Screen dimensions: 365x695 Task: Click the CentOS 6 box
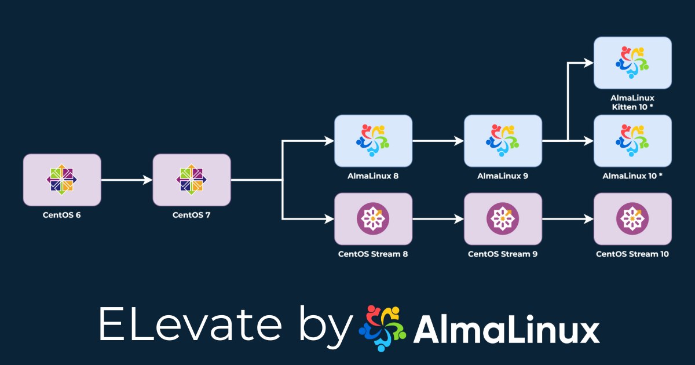pyautogui.click(x=62, y=180)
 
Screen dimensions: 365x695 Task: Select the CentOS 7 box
pyautogui.click(x=192, y=180)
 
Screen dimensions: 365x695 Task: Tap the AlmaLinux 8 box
pyautogui.click(x=374, y=141)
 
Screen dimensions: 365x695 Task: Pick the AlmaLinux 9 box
pyautogui.click(x=503, y=141)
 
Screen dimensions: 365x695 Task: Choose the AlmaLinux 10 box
pyautogui.click(x=632, y=141)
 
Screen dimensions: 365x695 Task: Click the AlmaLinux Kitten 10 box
pyautogui.click(x=632, y=63)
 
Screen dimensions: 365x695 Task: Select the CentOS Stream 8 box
pyautogui.click(x=374, y=219)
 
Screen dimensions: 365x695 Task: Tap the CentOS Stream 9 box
pyautogui.click(x=503, y=219)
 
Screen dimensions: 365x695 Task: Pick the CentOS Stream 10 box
pyautogui.click(x=632, y=219)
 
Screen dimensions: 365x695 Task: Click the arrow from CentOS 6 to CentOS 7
pyautogui.click(x=126, y=180)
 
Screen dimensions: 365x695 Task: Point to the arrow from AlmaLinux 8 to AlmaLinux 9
pyautogui.click(x=438, y=141)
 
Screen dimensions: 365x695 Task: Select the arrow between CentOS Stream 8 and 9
pyautogui.click(x=438, y=219)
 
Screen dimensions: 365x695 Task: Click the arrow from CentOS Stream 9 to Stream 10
pyautogui.click(x=568, y=219)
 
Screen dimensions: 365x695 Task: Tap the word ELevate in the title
pyautogui.click(x=194, y=324)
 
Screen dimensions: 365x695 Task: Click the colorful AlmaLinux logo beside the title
pyautogui.click(x=383, y=327)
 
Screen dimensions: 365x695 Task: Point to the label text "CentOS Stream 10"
pyautogui.click(x=632, y=254)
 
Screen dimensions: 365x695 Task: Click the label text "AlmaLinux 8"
pyautogui.click(x=374, y=176)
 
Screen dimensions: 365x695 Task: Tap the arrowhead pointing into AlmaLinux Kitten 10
pyautogui.click(x=589, y=63)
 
